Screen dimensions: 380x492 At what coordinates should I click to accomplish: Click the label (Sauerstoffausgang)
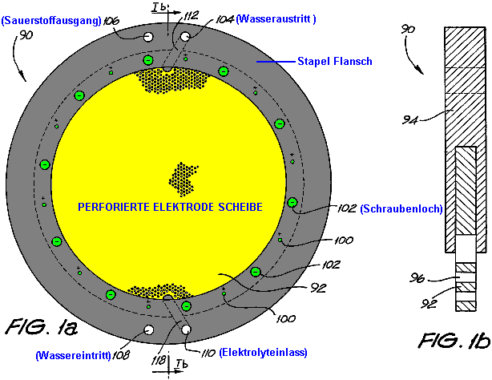(50, 21)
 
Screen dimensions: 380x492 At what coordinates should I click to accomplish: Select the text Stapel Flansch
(330, 61)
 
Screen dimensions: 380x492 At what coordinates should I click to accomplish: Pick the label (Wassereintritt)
(71, 354)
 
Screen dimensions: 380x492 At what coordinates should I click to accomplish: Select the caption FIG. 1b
(453, 342)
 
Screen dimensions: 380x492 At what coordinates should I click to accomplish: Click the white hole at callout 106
(148, 38)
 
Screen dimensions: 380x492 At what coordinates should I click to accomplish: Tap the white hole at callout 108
(148, 330)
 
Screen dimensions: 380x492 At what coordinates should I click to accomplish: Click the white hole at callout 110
(186, 330)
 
